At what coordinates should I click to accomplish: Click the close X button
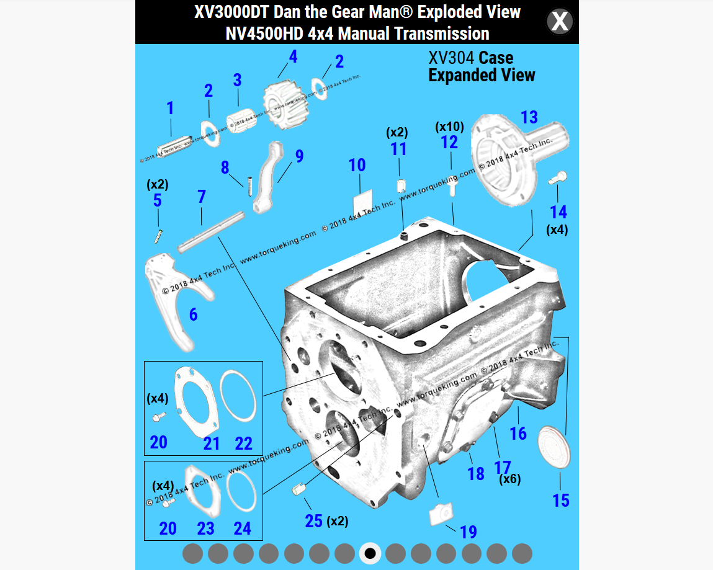(559, 22)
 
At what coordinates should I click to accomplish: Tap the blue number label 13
(529, 117)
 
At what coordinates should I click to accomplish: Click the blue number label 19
(468, 532)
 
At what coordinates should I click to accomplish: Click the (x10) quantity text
(449, 127)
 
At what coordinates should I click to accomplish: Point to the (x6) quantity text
(510, 479)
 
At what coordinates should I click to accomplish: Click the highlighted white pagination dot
(370, 553)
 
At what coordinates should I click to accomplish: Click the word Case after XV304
(496, 58)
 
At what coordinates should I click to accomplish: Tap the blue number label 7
(201, 197)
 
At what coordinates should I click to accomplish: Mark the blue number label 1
(169, 109)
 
